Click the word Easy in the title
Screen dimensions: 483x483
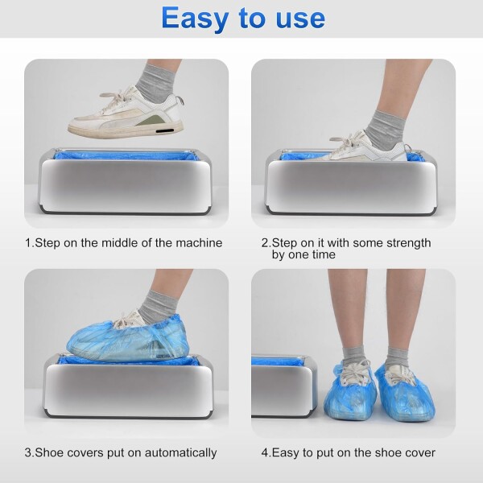click(195, 19)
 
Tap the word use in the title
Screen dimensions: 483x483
click(300, 19)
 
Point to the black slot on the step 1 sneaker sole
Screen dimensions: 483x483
click(164, 131)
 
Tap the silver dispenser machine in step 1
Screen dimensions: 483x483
click(126, 182)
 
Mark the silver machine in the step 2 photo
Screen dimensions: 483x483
click(352, 183)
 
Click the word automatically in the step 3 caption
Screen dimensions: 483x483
click(181, 452)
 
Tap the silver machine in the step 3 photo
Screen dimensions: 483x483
click(129, 386)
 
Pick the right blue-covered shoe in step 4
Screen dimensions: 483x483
click(405, 393)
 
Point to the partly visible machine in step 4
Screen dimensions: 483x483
click(285, 386)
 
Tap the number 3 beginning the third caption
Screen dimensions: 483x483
click(28, 452)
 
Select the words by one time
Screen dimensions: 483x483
click(303, 254)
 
